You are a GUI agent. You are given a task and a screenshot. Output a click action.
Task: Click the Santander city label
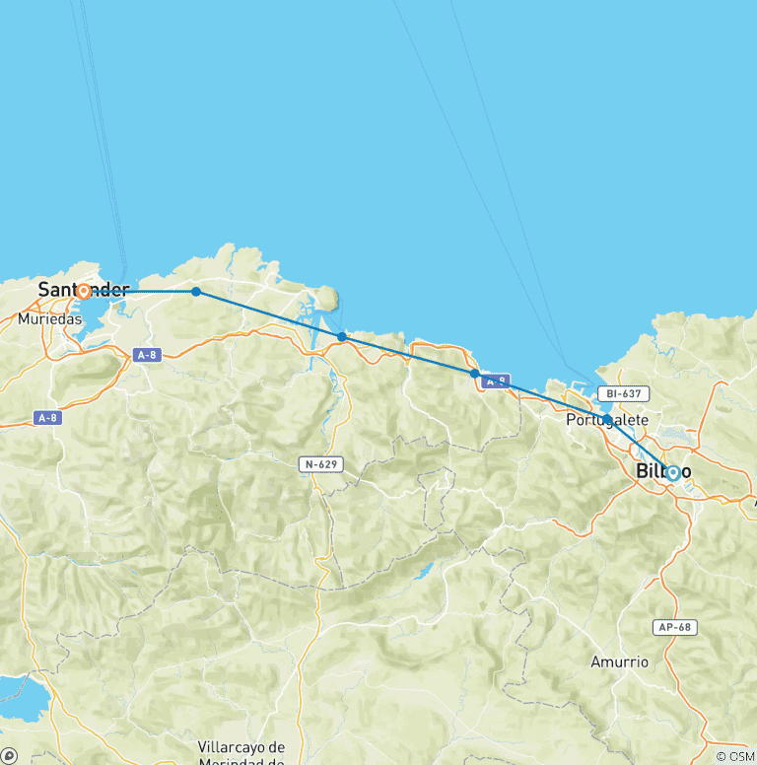(x=83, y=290)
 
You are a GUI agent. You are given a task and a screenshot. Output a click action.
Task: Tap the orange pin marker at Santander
(x=83, y=291)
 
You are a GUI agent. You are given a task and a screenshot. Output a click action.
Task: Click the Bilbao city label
(x=663, y=471)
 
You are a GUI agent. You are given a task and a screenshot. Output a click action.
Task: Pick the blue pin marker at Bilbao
(x=673, y=472)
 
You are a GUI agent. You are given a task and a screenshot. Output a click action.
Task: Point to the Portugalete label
(x=607, y=420)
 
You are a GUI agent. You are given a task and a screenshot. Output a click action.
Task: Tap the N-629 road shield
(x=321, y=462)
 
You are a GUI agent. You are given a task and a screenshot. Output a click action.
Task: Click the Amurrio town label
(x=621, y=661)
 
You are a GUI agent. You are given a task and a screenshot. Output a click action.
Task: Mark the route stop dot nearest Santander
(x=196, y=292)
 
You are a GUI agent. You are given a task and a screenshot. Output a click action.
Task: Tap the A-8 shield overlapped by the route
(x=496, y=380)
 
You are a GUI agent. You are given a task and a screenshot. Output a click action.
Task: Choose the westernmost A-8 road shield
(x=46, y=418)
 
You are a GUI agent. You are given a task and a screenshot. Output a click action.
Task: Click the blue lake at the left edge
(x=20, y=698)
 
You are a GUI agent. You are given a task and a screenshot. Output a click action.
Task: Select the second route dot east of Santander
(x=342, y=337)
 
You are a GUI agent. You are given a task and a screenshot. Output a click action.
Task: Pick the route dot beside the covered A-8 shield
(x=475, y=374)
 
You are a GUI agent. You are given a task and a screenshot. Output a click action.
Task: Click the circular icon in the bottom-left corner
(x=8, y=756)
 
